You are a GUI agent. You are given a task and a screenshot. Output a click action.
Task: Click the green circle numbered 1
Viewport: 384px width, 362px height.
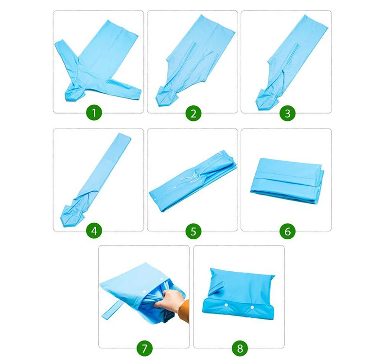[94, 113]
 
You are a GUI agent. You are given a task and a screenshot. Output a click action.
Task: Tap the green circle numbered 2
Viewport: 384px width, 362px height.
[193, 114]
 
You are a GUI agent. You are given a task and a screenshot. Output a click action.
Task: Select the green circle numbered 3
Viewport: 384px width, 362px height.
[287, 114]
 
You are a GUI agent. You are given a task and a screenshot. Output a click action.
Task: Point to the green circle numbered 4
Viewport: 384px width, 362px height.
[94, 231]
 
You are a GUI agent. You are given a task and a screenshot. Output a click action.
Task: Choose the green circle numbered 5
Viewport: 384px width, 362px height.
[193, 231]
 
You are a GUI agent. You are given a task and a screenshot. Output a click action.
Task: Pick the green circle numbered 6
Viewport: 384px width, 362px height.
[287, 231]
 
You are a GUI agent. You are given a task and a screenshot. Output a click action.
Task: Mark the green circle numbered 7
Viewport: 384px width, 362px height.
[144, 348]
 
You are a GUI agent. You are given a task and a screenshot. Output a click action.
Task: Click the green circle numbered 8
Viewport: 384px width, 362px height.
[240, 348]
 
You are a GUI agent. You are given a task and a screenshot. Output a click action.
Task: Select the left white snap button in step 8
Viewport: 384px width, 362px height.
[227, 305]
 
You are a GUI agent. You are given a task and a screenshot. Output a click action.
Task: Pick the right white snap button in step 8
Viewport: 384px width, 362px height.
[252, 307]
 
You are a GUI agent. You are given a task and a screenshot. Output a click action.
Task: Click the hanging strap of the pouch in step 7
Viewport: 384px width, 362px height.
[111, 310]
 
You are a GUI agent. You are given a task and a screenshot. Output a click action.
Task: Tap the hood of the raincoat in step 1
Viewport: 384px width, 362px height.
[73, 92]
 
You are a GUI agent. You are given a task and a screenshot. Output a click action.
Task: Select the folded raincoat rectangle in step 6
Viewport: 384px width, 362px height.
[287, 181]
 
